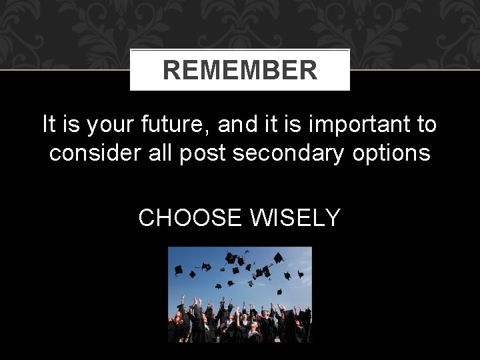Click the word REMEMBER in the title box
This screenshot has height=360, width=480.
(x=240, y=70)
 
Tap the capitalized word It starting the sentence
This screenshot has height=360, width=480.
(x=49, y=124)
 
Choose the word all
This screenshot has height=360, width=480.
(x=154, y=153)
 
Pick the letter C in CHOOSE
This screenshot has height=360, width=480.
(x=147, y=217)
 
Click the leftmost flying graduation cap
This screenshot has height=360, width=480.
(x=178, y=270)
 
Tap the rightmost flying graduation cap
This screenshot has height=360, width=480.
(x=301, y=273)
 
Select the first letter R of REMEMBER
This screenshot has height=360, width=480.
(x=171, y=70)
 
